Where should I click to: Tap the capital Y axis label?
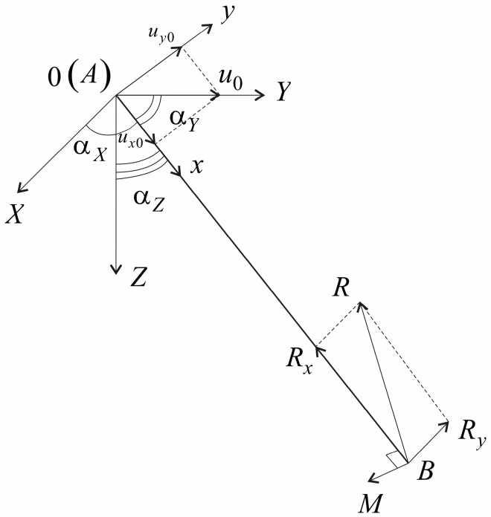283,93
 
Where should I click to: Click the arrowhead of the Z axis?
116,268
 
